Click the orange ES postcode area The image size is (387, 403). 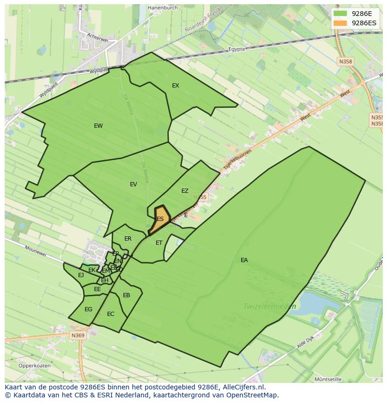pos(159,219)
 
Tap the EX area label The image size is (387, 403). pos(175,86)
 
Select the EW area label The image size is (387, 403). pos(98,126)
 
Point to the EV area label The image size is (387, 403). pos(133,184)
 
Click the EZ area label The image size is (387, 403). pos(185,191)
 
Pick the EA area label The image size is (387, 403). pos(244,260)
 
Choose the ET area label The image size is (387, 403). pos(159,243)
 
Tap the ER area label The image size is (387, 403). pos(128,239)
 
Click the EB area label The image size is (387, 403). pos(126,295)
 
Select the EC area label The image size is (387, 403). pos(110,314)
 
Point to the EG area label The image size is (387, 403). pos(88,309)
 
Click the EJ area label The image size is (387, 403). pos(81,275)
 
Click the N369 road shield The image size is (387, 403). pos(78,336)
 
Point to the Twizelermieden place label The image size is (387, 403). pos(270,307)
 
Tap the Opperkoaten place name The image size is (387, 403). pos(35,366)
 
